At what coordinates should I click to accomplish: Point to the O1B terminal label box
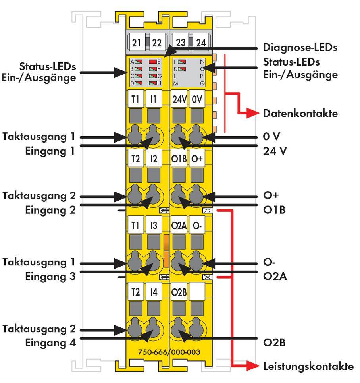[179, 159]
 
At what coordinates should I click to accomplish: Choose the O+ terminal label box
[197, 159]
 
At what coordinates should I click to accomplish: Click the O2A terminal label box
[179, 226]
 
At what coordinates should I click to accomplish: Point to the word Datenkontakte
[300, 114]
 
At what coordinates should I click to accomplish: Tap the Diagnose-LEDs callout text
[300, 48]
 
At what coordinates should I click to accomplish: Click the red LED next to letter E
[153, 62]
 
